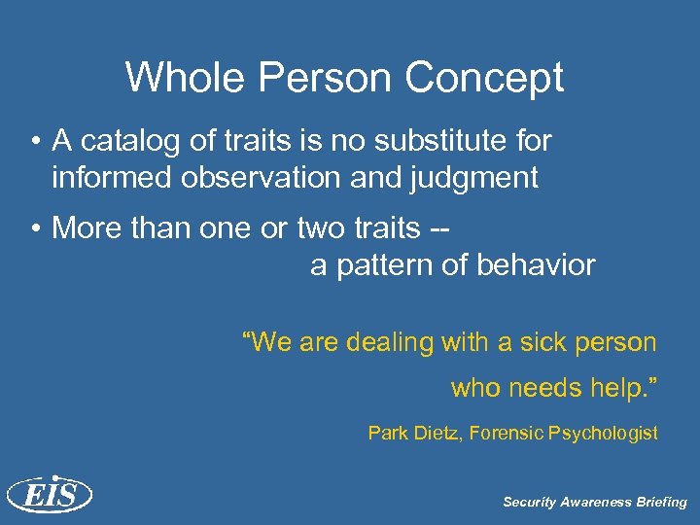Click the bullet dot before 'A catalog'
pos(34,142)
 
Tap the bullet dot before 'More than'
pos(34,227)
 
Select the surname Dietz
pos(436,434)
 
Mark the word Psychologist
pos(608,434)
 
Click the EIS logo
pos(49,495)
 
